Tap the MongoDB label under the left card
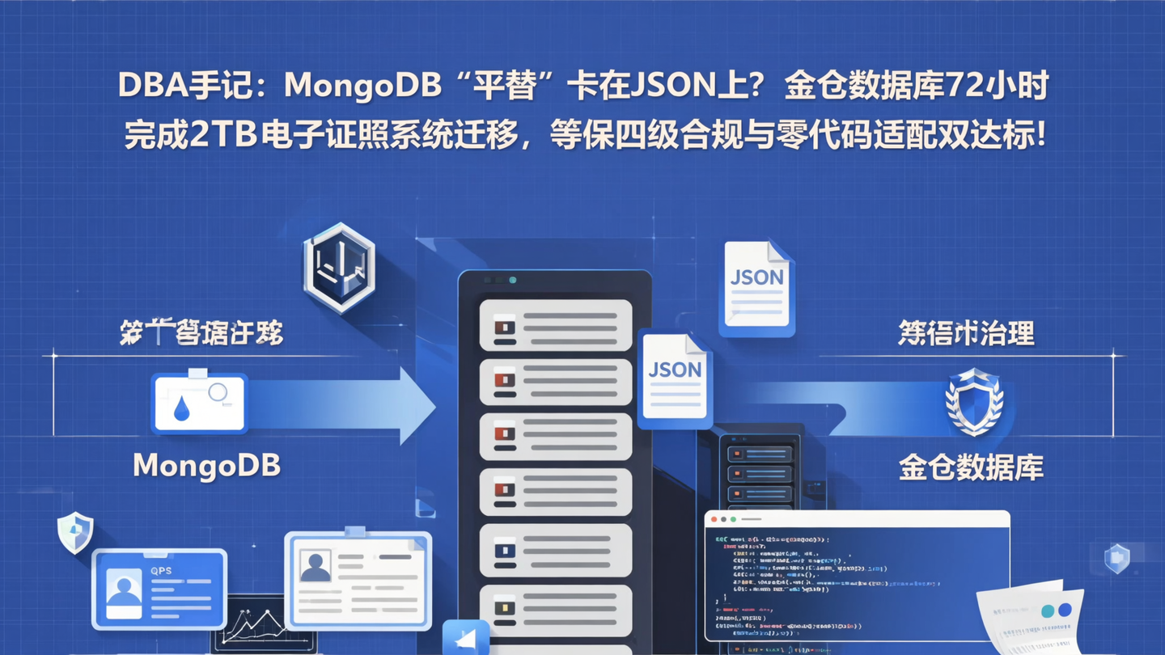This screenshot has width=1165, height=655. (206, 465)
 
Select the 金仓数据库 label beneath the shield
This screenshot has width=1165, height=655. (971, 467)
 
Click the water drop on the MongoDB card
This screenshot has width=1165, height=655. (181, 410)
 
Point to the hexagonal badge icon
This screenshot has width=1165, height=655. (339, 267)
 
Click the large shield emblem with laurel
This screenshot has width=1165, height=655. (974, 400)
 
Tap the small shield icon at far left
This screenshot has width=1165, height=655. (75, 532)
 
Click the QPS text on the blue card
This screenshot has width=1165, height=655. (161, 571)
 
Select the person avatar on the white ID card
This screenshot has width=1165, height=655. (315, 565)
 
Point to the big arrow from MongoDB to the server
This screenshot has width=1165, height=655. (340, 405)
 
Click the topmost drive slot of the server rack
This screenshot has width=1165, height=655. (555, 325)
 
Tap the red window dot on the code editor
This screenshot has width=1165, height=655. (714, 519)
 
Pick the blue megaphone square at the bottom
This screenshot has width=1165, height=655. (466, 638)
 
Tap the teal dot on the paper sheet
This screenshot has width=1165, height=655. (1048, 611)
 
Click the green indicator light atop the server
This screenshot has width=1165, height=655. (513, 280)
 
